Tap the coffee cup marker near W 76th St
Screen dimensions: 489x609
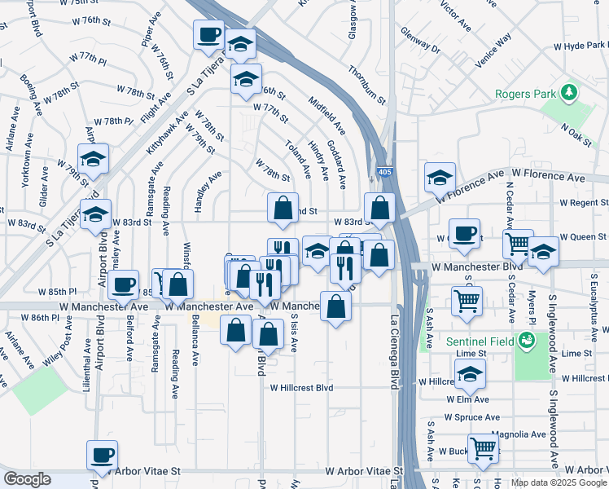click(208, 36)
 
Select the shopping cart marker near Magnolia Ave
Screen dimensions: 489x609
click(484, 447)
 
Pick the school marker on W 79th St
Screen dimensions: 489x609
click(93, 161)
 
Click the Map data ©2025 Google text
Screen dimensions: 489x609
click(558, 482)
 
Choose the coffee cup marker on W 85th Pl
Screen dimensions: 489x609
click(124, 285)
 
